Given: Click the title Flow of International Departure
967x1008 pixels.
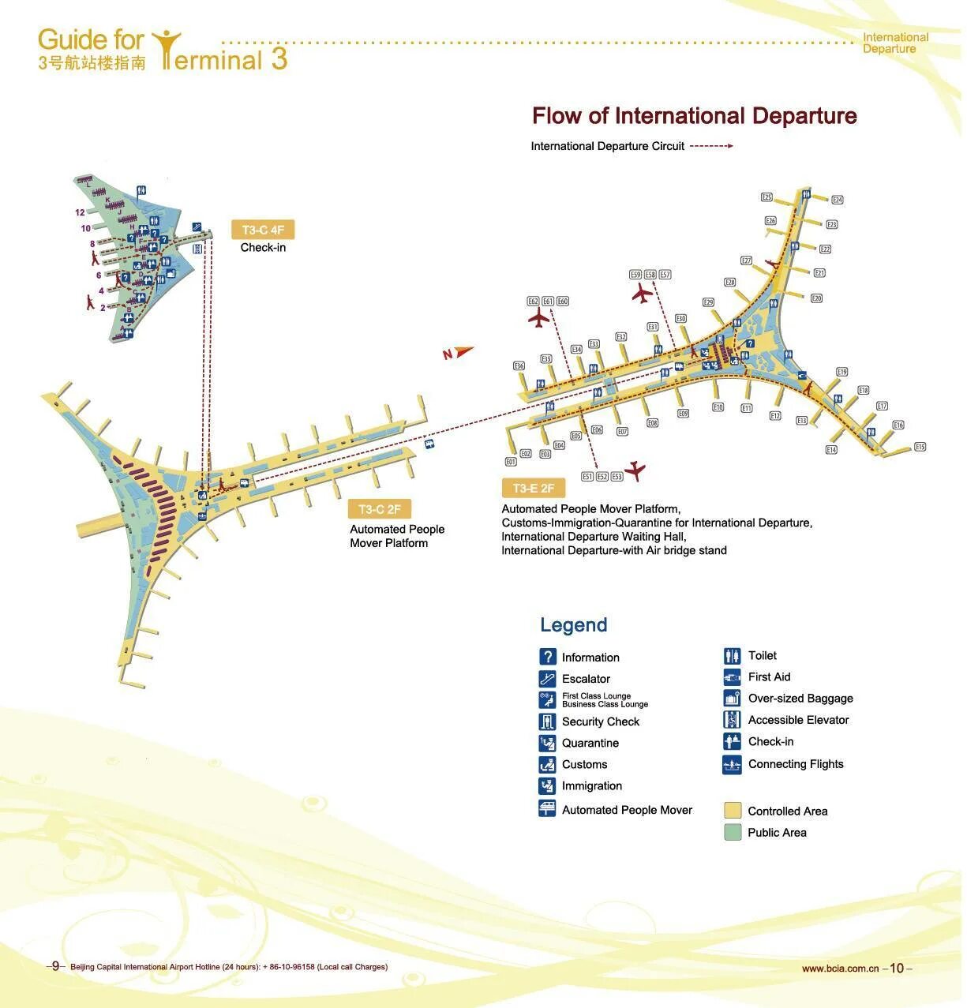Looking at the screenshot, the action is (694, 116).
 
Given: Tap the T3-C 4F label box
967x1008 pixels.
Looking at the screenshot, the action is (262, 230).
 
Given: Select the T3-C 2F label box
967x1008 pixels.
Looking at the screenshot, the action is (379, 509).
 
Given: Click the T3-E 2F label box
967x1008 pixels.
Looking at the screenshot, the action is (533, 488).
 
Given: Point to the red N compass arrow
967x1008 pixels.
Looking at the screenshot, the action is (457, 353).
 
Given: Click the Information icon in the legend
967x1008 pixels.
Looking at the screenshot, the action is (548, 657).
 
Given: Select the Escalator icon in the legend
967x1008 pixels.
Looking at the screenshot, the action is (548, 678).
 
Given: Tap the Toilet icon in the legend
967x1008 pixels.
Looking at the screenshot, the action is (732, 655).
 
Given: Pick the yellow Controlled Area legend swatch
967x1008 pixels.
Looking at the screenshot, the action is (733, 811).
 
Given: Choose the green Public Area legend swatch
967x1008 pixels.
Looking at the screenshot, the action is (733, 832).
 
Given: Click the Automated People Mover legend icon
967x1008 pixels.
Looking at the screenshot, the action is (548, 809).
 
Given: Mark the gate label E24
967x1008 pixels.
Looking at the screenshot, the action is (838, 200).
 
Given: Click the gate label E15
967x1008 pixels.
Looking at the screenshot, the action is (920, 447).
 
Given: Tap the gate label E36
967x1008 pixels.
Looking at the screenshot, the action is (519, 365).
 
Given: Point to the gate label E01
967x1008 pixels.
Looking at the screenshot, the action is (510, 462).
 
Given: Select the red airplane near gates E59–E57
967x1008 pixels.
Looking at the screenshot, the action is (642, 294).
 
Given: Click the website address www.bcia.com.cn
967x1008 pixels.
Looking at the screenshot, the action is (839, 969).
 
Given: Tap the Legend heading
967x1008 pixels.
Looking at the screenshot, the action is (573, 625).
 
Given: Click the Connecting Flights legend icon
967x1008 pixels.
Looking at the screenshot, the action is (732, 764).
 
